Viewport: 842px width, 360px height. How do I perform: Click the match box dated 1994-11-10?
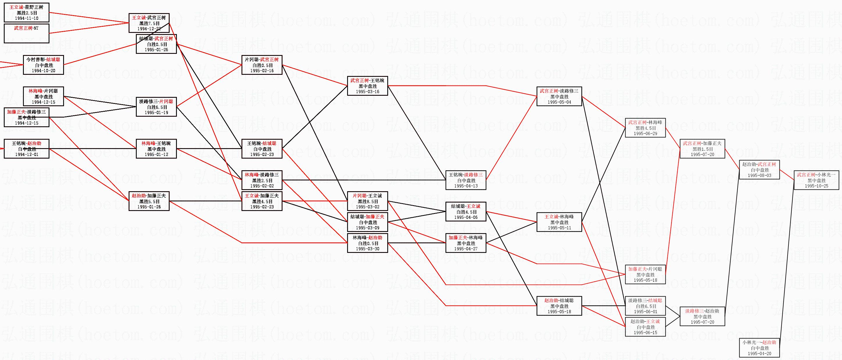(26, 13)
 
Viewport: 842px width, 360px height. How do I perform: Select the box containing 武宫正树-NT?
(26, 33)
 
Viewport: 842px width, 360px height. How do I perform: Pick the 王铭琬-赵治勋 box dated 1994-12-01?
(26, 149)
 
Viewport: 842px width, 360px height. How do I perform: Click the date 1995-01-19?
(156, 112)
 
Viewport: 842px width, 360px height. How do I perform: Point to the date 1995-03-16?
(367, 92)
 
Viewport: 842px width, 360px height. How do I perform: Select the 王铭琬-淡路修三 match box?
(466, 180)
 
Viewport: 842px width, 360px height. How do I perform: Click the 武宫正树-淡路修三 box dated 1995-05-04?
(559, 96)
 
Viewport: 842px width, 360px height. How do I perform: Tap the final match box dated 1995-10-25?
(816, 180)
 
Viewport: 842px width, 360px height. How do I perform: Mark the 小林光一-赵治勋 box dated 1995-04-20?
(760, 348)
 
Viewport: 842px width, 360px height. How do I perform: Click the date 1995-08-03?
(760, 175)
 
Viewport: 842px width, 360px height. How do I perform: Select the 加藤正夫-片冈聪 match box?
(645, 274)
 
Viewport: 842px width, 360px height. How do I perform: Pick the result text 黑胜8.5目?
(367, 201)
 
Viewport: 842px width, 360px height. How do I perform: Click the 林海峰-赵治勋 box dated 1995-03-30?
(367, 243)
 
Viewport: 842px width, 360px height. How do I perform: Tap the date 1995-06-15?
(645, 333)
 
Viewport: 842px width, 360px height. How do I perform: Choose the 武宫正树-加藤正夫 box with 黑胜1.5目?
(702, 149)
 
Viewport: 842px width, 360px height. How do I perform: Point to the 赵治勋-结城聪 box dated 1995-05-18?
(559, 306)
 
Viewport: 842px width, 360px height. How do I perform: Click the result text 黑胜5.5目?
(149, 201)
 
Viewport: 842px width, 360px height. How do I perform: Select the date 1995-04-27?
(466, 249)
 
